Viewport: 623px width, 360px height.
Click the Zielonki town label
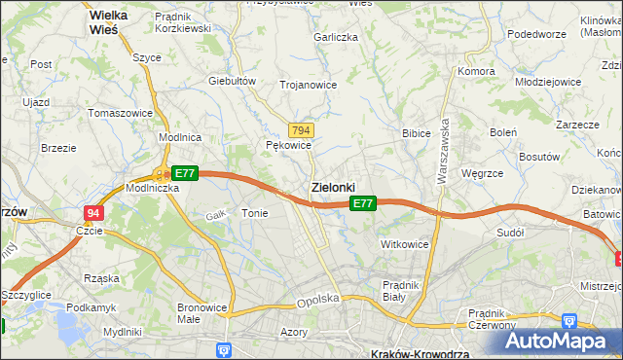[x=332, y=186]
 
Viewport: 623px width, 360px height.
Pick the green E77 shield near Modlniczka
[x=186, y=173]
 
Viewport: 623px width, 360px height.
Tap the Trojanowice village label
[x=308, y=85]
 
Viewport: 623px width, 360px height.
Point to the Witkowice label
[x=404, y=244]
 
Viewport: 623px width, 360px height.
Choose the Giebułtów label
[x=232, y=81]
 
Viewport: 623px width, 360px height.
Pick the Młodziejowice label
[x=548, y=83]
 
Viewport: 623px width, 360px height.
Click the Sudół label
[x=510, y=233]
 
